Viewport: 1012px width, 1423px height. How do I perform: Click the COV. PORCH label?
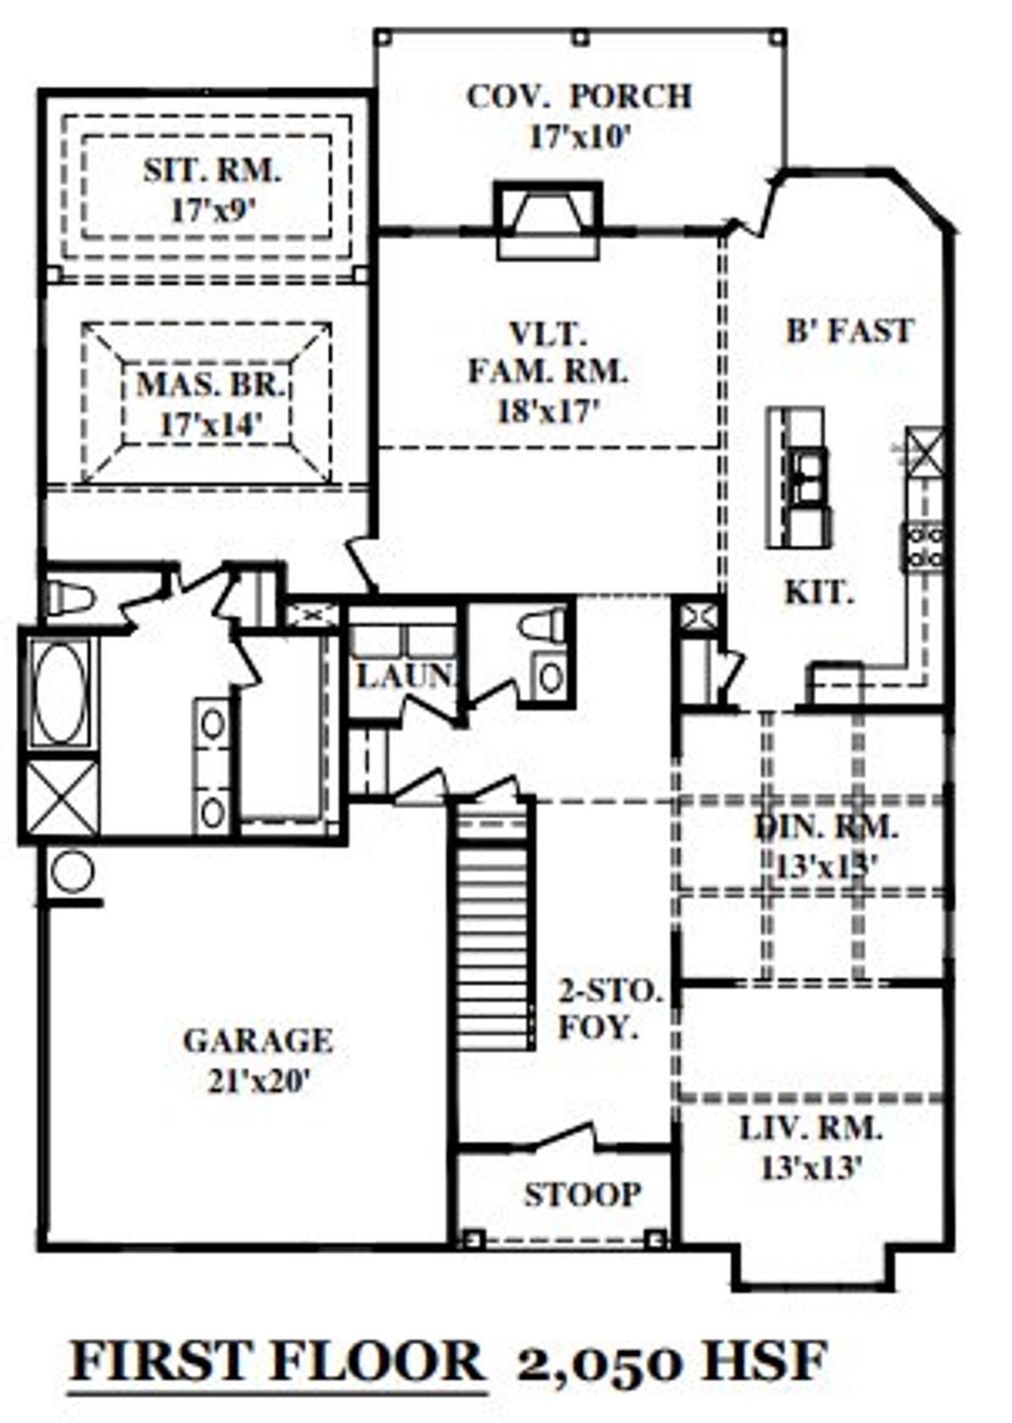click(x=580, y=96)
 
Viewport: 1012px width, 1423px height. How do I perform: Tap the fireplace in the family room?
click(x=548, y=220)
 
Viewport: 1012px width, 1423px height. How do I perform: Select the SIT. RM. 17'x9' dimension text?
click(x=213, y=210)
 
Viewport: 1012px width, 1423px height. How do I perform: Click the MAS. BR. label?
click(x=211, y=385)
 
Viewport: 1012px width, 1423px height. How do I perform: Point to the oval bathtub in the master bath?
click(x=60, y=692)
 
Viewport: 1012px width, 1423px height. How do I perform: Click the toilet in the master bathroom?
click(x=70, y=598)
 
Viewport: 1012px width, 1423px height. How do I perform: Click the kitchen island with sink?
click(x=799, y=478)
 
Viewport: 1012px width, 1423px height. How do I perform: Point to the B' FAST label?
click(x=850, y=331)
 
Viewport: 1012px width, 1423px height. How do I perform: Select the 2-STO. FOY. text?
click(x=609, y=1010)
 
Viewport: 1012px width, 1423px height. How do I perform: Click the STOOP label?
click(x=583, y=1195)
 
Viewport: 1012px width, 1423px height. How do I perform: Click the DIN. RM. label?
click(x=827, y=827)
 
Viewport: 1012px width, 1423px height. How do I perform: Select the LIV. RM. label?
click(x=810, y=1128)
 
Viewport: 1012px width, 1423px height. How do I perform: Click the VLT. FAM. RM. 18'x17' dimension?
click(x=549, y=411)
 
